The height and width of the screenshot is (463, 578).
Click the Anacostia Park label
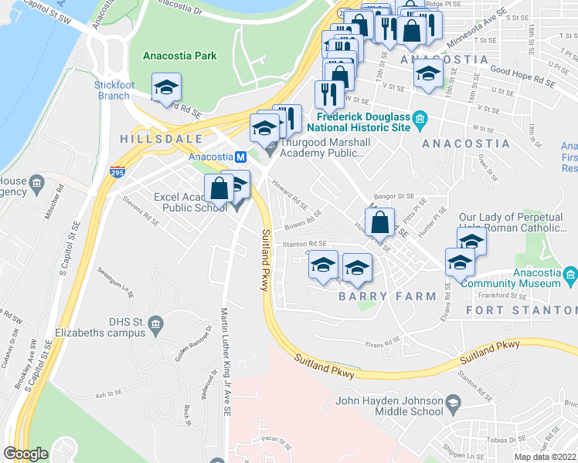click(180, 56)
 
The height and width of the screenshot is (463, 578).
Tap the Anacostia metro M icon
click(241, 156)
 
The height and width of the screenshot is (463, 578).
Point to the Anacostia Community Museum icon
click(570, 275)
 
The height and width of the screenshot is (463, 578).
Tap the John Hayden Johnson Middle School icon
click(454, 401)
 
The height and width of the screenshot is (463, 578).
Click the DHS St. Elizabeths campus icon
click(157, 323)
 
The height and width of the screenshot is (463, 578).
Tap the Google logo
click(25, 454)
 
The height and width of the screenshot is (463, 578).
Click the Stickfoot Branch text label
click(114, 90)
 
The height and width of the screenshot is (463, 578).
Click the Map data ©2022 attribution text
click(545, 457)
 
